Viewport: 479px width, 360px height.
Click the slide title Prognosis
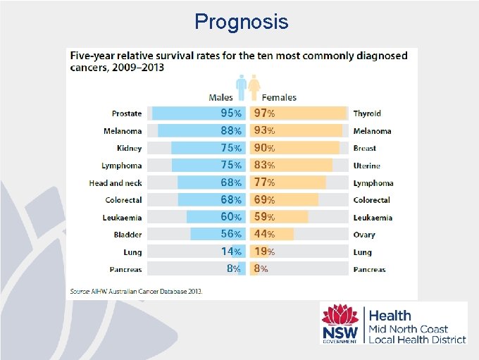coord(242,22)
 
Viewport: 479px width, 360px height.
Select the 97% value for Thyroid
coord(265,113)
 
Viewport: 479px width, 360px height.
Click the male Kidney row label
coord(129,149)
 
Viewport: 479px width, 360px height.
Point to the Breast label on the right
coord(364,149)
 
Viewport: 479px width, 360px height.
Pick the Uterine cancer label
coord(366,166)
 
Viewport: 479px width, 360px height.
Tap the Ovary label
coord(364,235)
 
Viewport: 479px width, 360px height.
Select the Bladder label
coord(127,235)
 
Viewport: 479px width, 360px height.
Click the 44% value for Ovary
coord(265,235)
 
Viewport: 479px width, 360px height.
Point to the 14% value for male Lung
coord(231,252)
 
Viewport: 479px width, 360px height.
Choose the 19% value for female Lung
coord(265,252)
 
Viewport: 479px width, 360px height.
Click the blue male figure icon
coord(242,88)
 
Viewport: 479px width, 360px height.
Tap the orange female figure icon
coord(253,88)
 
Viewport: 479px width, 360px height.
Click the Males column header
coord(221,97)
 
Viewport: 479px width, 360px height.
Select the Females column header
coord(279,97)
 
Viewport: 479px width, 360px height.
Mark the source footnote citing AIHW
coord(135,291)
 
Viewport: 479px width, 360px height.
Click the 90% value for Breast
coord(265,148)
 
